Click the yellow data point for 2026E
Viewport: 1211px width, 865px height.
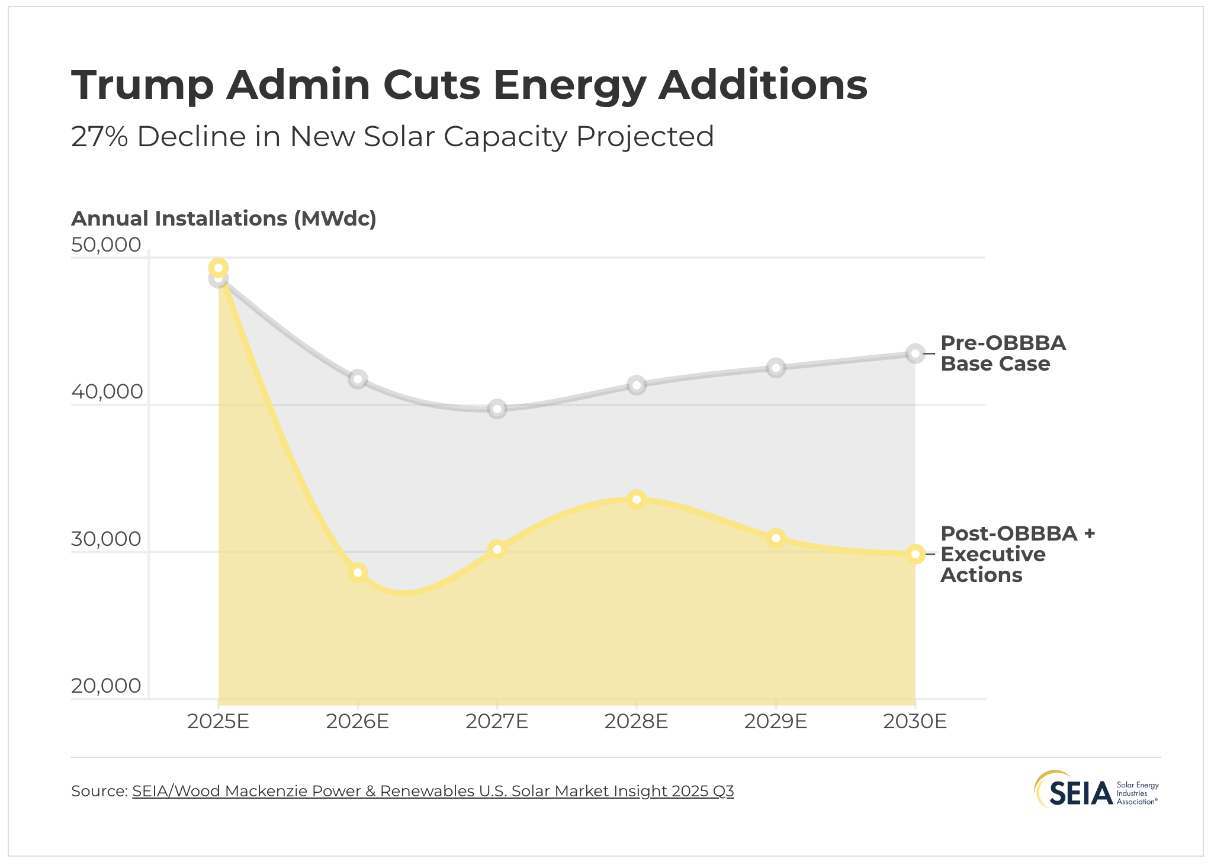(358, 573)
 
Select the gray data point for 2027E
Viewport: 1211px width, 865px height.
(497, 409)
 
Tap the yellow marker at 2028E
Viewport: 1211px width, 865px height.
(637, 500)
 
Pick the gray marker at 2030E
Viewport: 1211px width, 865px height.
(915, 354)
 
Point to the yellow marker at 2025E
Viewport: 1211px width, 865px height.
(219, 268)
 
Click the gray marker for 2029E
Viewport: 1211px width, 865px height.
(776, 368)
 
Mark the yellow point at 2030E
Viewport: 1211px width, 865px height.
(915, 554)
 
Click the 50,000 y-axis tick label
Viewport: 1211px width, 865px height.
(106, 245)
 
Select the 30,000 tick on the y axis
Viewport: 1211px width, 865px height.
(106, 539)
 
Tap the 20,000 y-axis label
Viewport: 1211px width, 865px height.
(106, 686)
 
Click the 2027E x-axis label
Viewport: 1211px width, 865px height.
(497, 721)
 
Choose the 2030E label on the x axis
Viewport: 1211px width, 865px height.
(915, 721)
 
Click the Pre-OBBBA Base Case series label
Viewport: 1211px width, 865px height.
(1002, 353)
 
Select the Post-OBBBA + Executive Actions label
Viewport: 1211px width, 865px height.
(1016, 554)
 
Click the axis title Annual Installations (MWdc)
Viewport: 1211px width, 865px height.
(224, 218)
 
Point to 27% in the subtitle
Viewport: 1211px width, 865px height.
(99, 137)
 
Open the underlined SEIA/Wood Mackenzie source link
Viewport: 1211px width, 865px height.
(432, 791)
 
